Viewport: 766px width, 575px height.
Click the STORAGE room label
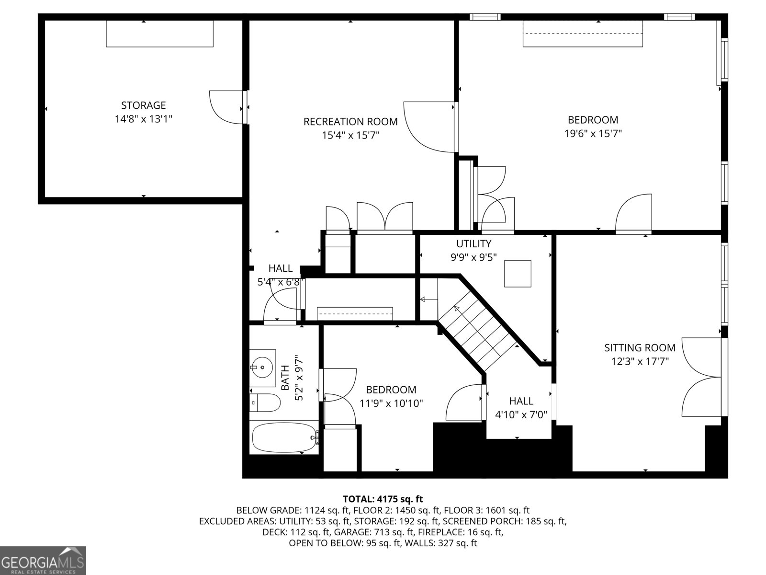click(144, 105)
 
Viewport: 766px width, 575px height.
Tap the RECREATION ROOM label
click(350, 122)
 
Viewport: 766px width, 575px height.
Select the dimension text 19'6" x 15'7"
click(593, 133)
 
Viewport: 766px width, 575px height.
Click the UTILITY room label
click(473, 243)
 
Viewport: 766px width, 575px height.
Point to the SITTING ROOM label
click(640, 347)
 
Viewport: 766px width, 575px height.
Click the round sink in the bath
click(262, 367)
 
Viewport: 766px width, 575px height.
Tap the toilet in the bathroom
click(265, 403)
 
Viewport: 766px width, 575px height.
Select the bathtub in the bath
click(285, 437)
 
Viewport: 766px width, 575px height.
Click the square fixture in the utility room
click(518, 274)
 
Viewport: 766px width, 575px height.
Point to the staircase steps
click(477, 331)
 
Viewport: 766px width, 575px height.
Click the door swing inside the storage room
click(226, 107)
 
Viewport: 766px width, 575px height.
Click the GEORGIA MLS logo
click(43, 560)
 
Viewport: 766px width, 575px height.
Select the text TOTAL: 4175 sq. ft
click(383, 499)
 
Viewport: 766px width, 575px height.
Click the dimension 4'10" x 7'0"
click(521, 414)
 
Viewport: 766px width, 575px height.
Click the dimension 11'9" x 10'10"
click(391, 403)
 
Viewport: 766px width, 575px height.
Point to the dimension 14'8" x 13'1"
click(144, 119)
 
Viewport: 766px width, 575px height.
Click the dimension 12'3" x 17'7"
click(640, 361)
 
